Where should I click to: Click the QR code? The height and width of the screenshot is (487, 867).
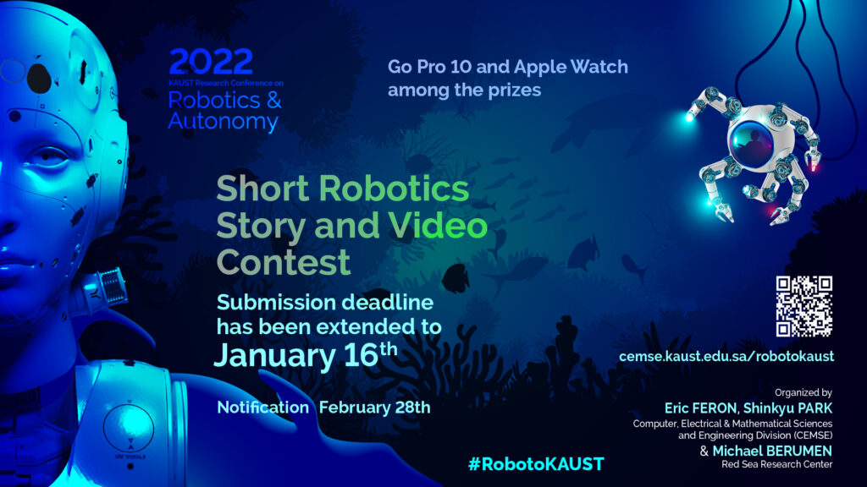[804, 306]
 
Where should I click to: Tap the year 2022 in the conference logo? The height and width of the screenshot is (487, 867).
[211, 62]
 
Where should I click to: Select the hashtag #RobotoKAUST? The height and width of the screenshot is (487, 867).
[536, 464]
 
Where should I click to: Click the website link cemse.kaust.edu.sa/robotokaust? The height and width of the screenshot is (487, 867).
[726, 356]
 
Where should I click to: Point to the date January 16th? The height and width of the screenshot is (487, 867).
[306, 355]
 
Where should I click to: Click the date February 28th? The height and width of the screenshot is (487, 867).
[374, 408]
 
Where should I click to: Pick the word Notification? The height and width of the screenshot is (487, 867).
[262, 408]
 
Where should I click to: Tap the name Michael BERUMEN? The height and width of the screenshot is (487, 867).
[772, 451]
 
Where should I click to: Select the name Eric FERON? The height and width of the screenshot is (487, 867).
[700, 408]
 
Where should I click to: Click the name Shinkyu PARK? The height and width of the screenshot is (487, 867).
[787, 408]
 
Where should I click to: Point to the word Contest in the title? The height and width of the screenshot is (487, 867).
[283, 262]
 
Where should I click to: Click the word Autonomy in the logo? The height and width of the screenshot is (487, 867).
[223, 121]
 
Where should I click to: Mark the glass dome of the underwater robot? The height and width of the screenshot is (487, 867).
[752, 141]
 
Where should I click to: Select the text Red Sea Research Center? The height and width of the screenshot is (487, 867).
[777, 464]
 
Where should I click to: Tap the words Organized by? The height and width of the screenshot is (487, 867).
[803, 392]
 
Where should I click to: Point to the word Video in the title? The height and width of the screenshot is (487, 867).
[438, 225]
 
